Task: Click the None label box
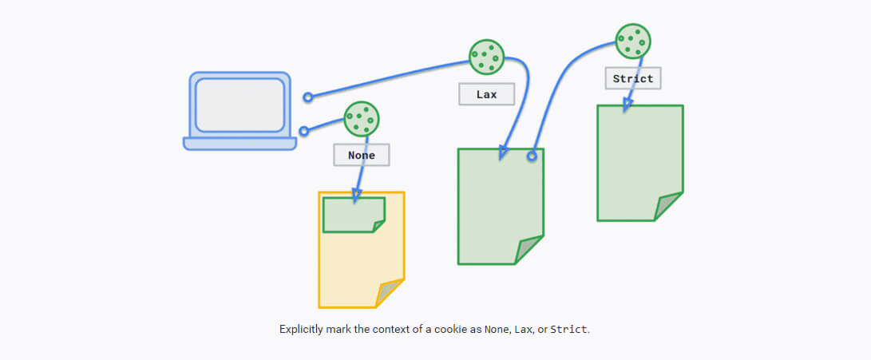(x=362, y=155)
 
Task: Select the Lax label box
(x=486, y=94)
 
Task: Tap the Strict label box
(x=633, y=78)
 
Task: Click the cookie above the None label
(x=362, y=119)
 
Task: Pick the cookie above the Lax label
(x=486, y=57)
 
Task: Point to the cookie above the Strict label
(x=633, y=40)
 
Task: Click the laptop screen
(x=240, y=105)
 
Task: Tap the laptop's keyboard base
(x=240, y=144)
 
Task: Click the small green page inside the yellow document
(x=352, y=215)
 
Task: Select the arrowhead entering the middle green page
(x=503, y=152)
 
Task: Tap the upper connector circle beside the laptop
(x=308, y=97)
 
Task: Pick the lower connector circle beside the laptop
(x=303, y=132)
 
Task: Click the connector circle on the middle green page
(x=532, y=156)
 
